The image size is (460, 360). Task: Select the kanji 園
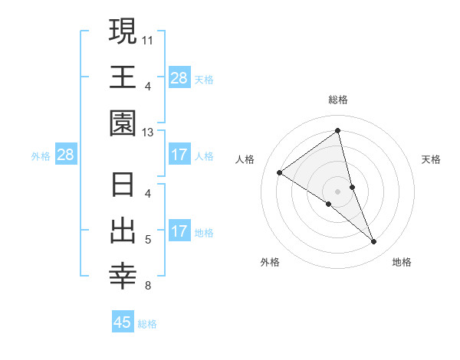click(x=123, y=123)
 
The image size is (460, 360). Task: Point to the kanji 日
click(x=123, y=185)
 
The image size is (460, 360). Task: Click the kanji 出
click(x=123, y=231)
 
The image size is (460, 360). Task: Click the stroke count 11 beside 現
click(x=148, y=38)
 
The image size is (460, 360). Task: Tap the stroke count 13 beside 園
click(x=148, y=132)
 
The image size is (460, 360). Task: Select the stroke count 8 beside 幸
click(x=148, y=286)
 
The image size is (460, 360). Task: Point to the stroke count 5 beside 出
click(x=148, y=240)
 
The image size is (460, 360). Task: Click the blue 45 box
click(x=123, y=322)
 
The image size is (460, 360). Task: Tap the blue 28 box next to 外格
click(x=65, y=155)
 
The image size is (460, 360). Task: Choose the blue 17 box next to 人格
click(x=179, y=155)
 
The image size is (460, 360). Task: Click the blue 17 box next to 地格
click(x=179, y=232)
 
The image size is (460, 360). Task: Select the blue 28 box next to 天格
click(x=179, y=78)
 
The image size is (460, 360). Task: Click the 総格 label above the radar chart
click(x=338, y=100)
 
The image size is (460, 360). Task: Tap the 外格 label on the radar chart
click(x=270, y=262)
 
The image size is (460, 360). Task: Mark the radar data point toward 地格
click(x=374, y=242)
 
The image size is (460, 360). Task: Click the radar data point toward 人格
click(x=280, y=172)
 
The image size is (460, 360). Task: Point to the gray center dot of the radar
click(x=338, y=191)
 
